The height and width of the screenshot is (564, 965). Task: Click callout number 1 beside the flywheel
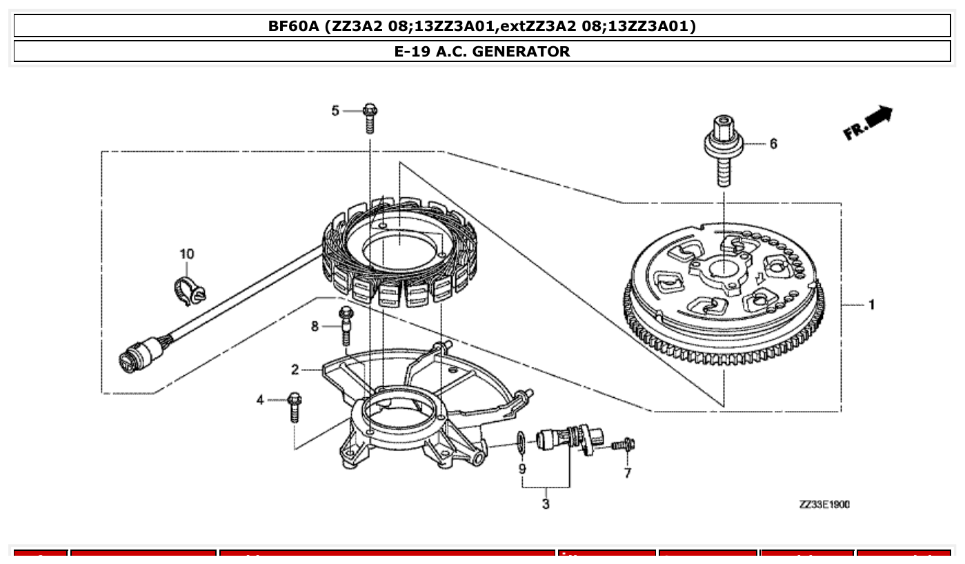click(x=872, y=304)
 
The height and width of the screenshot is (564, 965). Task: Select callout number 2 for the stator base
click(x=295, y=370)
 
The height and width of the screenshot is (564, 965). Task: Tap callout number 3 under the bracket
click(x=546, y=504)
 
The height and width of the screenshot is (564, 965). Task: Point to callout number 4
click(x=260, y=400)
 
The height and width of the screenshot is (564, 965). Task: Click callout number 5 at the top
click(x=336, y=110)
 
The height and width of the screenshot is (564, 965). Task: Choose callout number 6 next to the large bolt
click(x=773, y=143)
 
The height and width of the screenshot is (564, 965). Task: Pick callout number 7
click(x=627, y=473)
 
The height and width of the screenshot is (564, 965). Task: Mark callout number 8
click(x=315, y=326)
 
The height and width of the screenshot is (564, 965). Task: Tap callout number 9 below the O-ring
click(x=522, y=469)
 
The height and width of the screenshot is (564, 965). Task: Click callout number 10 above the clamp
click(x=187, y=254)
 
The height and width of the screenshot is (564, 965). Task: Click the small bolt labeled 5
click(x=370, y=117)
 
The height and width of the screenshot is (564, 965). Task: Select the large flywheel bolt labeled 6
click(x=724, y=152)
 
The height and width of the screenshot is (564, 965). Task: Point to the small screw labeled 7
click(x=625, y=445)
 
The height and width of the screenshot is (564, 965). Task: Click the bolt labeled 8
click(x=346, y=325)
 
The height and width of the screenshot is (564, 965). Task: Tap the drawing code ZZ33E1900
click(x=824, y=505)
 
